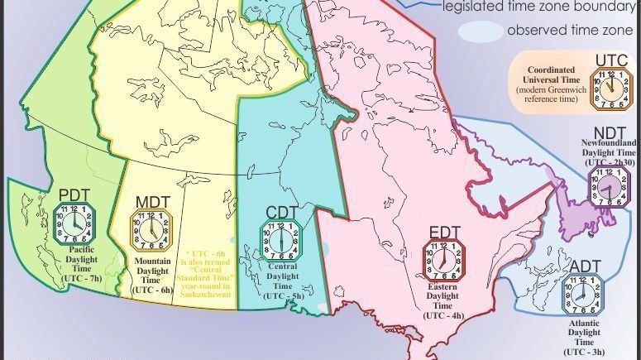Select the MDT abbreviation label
[x=152, y=203]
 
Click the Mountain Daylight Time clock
[x=152, y=231]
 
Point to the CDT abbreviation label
[x=282, y=214]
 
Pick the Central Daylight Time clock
[x=282, y=241]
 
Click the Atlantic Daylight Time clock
[x=582, y=295]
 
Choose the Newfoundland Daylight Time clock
[x=610, y=188]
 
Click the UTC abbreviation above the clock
[x=612, y=60]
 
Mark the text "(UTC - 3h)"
[x=584, y=351]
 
